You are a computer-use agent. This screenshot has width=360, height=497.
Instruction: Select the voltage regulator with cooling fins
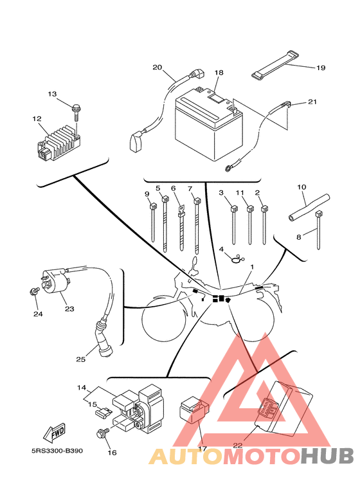click(59, 142)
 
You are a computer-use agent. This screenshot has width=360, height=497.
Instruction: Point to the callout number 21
click(312, 102)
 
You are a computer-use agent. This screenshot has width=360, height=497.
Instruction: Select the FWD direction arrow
click(55, 432)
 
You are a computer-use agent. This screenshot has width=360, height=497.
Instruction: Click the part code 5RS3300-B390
click(57, 451)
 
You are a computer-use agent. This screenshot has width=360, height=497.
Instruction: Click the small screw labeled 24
click(34, 291)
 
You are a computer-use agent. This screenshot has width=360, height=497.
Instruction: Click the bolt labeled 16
click(102, 433)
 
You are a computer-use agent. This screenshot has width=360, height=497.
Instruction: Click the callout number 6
click(174, 188)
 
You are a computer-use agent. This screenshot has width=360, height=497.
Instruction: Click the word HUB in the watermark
click(327, 456)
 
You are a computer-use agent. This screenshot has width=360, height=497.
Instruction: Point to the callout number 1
click(252, 267)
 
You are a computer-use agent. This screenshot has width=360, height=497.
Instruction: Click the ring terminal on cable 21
click(228, 169)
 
